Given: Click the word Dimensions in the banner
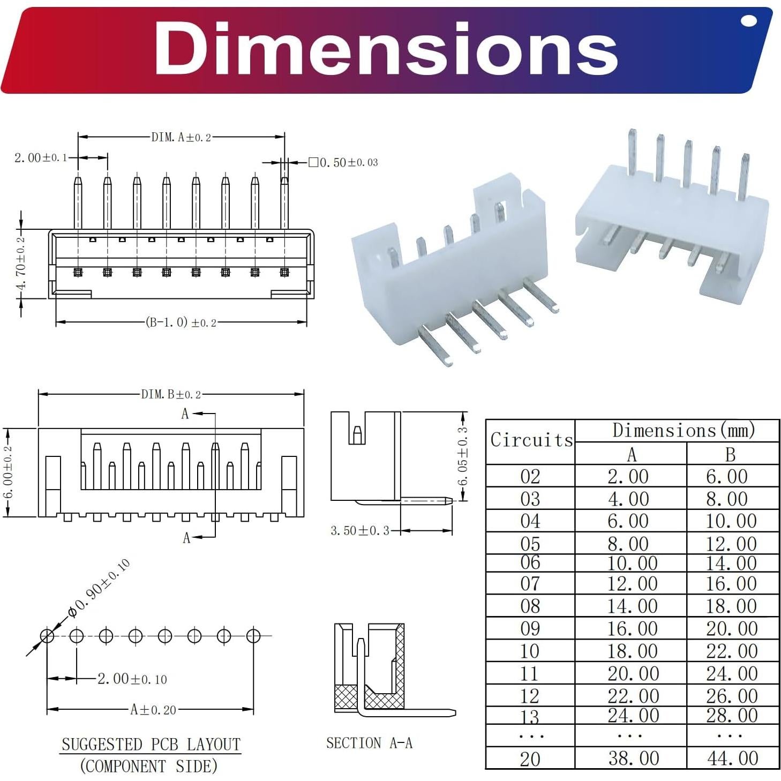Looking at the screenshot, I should (x=386, y=49).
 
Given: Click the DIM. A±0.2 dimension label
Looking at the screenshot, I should (x=181, y=137).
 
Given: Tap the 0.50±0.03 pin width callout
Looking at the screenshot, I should (x=348, y=162).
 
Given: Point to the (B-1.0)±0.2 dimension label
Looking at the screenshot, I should (x=181, y=322).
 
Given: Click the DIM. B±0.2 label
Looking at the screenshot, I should (x=171, y=395).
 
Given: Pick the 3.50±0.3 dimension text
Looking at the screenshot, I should (x=359, y=531).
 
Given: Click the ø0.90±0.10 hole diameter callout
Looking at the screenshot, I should (x=99, y=588).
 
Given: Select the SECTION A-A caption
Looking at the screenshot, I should (x=369, y=743).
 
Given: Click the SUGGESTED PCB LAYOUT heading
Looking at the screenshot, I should (x=151, y=744).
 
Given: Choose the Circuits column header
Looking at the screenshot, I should (x=531, y=440).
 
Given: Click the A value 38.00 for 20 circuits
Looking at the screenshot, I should (x=633, y=759).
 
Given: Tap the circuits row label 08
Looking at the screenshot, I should (x=530, y=606).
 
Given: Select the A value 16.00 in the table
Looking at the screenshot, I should (x=632, y=628).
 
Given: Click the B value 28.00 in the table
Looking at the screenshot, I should (x=732, y=715).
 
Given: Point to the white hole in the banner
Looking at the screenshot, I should (x=748, y=21).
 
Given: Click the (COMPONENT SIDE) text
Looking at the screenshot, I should (x=149, y=766).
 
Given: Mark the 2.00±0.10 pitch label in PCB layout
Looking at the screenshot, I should (x=132, y=679).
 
